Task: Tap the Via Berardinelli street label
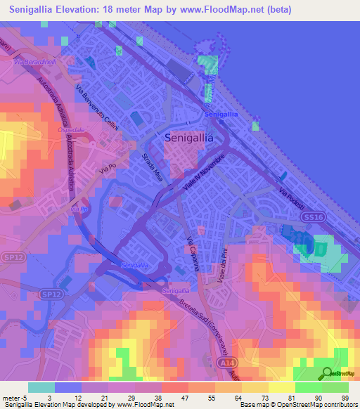tap(35, 63)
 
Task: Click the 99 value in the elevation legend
tap(345, 397)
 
